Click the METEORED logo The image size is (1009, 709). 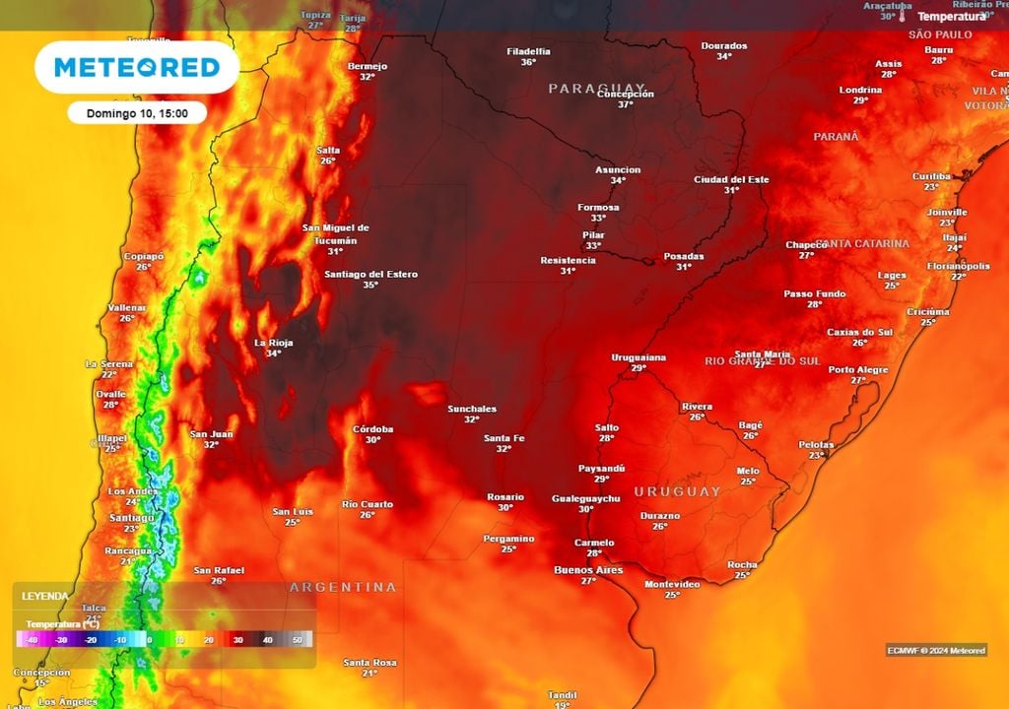coord(136,67)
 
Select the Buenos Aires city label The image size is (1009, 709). coord(588,570)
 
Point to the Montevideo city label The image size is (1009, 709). coord(672,584)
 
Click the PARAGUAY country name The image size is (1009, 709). coord(596,89)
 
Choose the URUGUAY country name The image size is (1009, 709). coord(677,490)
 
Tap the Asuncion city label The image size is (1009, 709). coord(618,169)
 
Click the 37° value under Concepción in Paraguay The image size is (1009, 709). coord(625,104)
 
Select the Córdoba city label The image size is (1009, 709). coord(373,429)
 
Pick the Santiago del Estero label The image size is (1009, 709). coord(370,274)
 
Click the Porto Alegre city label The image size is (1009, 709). coord(858,369)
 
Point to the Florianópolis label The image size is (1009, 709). coord(958,266)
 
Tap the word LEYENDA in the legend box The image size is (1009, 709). coord(45,597)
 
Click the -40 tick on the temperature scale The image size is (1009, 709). coord(34,640)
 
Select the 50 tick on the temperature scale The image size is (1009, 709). coord(298,640)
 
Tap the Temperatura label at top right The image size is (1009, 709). coord(951,17)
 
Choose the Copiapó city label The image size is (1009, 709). coord(143,256)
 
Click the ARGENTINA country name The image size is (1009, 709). coord(343,587)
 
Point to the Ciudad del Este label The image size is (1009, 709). coord(731,179)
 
